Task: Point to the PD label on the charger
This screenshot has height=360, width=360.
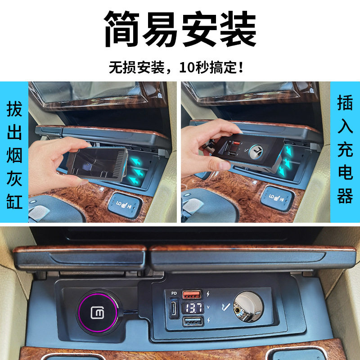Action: click(x=174, y=293)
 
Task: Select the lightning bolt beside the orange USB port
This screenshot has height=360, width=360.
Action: click(x=208, y=295)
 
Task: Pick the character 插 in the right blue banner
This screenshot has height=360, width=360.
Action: click(x=345, y=104)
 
